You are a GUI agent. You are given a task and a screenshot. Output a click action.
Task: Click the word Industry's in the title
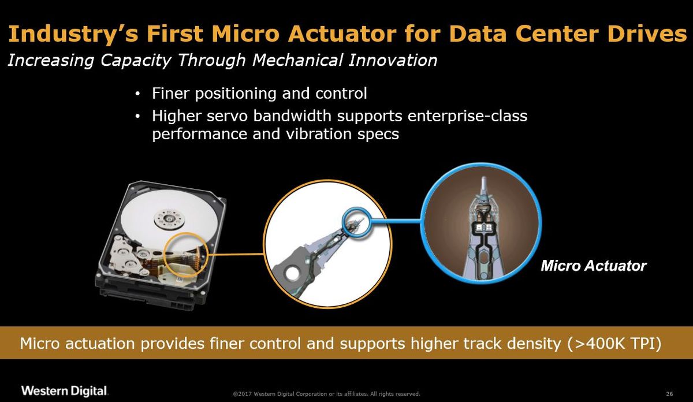coord(73,34)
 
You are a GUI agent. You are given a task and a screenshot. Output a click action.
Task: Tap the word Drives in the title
coord(647,33)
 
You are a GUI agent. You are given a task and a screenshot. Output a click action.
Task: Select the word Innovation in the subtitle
coord(393,59)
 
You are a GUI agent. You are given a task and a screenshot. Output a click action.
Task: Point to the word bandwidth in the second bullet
coord(292,116)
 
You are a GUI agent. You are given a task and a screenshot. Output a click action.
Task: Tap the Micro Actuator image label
coord(594,266)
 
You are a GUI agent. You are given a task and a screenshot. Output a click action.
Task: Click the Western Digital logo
coord(64,390)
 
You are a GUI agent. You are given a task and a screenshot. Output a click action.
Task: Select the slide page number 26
coord(669,394)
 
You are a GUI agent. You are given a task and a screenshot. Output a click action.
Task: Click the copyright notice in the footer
coord(326,394)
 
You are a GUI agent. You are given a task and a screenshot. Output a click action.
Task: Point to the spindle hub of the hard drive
coord(169,219)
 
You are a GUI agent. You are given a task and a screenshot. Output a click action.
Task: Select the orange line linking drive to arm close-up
coord(236,255)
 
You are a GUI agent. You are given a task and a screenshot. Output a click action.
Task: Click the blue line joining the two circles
coord(396,221)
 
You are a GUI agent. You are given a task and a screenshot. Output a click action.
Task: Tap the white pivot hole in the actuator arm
coord(292,273)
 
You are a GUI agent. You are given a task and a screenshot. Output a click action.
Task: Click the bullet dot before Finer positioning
coord(137,94)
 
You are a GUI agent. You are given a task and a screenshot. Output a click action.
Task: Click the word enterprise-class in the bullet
coord(467,116)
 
